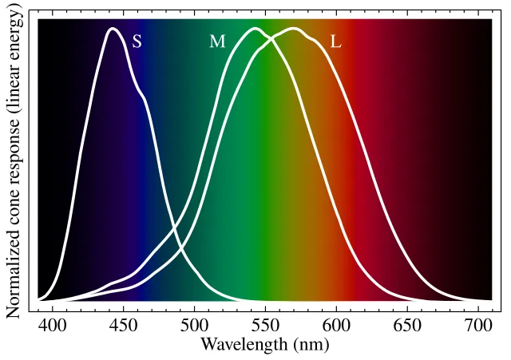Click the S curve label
click(x=137, y=42)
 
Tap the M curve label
click(x=217, y=42)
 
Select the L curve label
click(x=335, y=42)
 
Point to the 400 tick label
click(x=52, y=326)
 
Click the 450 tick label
click(x=123, y=326)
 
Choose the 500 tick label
click(x=194, y=326)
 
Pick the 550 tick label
click(x=265, y=326)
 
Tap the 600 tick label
click(x=335, y=326)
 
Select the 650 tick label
click(x=406, y=326)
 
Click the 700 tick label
click(x=477, y=326)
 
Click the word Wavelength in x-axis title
click(x=237, y=345)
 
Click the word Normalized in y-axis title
click(x=14, y=271)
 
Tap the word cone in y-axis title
click(x=14, y=205)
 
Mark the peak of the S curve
click(x=113, y=29)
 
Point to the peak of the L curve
click(x=294, y=29)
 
